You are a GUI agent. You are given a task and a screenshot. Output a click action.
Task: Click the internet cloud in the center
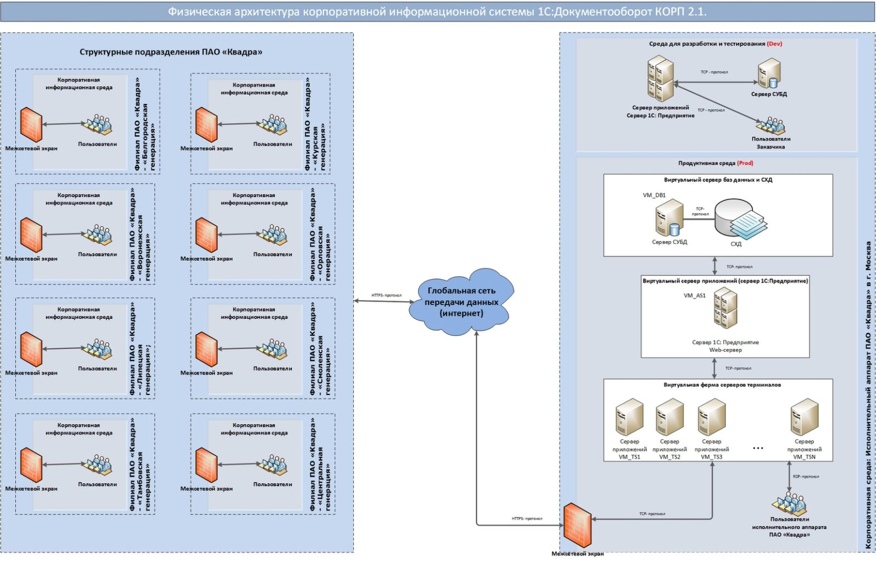pos(461,302)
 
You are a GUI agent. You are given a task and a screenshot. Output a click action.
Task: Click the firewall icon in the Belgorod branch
pos(31,124)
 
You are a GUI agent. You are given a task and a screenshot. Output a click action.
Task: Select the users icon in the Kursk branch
pos(272,125)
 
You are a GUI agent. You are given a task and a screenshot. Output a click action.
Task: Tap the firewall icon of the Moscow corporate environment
pos(578,525)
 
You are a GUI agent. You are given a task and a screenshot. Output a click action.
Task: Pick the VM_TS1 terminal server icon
pos(629,417)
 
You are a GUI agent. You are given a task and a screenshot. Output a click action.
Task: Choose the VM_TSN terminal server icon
pos(804,417)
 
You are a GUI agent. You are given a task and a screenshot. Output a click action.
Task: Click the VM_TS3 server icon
pos(711,417)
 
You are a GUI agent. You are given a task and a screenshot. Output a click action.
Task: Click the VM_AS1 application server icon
pos(725,308)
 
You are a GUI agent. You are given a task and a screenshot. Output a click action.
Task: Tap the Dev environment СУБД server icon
pos(769,74)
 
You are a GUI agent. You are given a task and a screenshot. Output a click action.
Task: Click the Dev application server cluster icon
pos(660,79)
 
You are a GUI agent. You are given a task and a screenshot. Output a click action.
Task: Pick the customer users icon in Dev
pos(771,126)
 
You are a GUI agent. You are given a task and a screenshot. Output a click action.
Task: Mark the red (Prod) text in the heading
pos(745,163)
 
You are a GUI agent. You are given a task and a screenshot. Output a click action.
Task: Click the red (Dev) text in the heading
pos(774,44)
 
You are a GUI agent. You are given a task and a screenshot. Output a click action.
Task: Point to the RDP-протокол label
pos(806,477)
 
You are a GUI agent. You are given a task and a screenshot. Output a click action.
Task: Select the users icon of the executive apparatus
pos(789,503)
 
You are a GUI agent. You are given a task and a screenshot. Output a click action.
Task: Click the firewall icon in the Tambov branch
pos(31,465)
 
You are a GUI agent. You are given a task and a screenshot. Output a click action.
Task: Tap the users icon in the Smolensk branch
pos(272,349)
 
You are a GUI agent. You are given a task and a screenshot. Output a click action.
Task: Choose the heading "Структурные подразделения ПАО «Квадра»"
pos(171,52)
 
